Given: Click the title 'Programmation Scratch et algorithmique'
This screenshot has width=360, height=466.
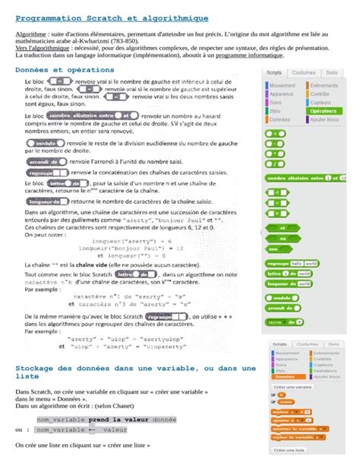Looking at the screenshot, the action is [112, 17].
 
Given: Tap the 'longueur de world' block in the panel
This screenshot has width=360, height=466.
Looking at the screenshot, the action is [288, 283].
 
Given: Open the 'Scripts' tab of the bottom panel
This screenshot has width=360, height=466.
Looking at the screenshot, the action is [280, 344].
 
